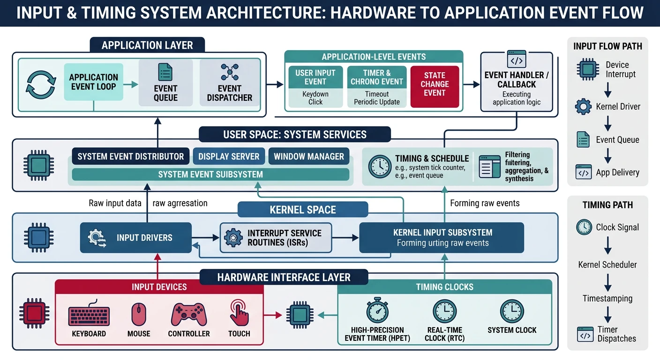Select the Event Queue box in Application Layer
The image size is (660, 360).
click(x=165, y=82)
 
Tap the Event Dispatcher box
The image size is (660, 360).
click(x=230, y=82)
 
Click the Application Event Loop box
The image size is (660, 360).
click(x=93, y=82)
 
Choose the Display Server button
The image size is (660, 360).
click(x=229, y=157)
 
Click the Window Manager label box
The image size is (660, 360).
click(x=309, y=157)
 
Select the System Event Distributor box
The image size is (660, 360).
click(x=130, y=157)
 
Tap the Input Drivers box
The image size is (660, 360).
click(x=135, y=238)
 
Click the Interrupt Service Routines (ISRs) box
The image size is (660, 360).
click(x=276, y=238)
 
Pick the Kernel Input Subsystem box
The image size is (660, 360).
click(x=441, y=237)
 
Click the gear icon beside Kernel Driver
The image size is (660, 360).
click(x=584, y=107)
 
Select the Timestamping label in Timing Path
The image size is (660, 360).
click(x=607, y=298)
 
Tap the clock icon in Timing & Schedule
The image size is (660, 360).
click(x=379, y=166)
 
